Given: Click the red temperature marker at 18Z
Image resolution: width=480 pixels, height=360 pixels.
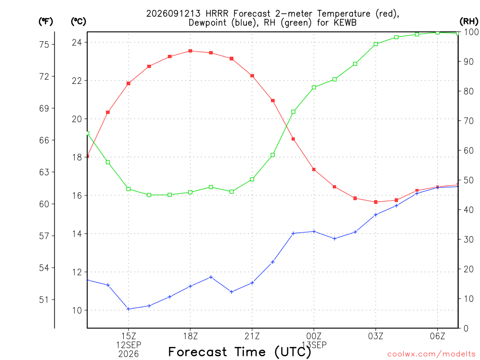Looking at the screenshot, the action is click(190, 51).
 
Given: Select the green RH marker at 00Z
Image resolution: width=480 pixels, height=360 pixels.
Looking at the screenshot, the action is click(314, 88).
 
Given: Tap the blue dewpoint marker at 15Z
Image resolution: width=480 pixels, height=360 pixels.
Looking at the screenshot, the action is click(128, 309).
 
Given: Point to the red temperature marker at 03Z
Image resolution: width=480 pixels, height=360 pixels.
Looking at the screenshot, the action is click(375, 202).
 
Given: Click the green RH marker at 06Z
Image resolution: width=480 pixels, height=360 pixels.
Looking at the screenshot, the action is click(437, 32).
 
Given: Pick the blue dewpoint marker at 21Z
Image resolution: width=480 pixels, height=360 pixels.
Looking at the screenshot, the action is click(252, 283).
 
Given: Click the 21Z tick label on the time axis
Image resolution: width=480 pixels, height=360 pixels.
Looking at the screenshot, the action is click(252, 336).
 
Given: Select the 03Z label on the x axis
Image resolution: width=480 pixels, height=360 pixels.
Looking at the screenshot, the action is click(375, 336).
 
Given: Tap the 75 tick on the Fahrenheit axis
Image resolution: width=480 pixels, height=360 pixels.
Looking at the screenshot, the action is click(44, 45).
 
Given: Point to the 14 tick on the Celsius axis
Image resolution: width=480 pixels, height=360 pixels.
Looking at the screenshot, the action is click(77, 234).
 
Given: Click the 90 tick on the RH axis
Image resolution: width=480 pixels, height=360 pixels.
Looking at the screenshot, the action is click(468, 61).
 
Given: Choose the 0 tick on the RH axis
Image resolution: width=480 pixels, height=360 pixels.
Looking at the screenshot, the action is click(466, 328).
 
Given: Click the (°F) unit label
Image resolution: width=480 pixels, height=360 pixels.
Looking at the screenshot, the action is click(45, 22).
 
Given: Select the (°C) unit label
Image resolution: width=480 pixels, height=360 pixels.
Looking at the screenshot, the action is click(78, 22).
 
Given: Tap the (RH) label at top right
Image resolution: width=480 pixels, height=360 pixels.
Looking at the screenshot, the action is click(469, 22).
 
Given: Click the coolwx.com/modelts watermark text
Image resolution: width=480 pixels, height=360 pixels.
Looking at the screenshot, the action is click(431, 354).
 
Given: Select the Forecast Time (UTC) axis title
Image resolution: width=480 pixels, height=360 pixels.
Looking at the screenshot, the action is click(240, 352).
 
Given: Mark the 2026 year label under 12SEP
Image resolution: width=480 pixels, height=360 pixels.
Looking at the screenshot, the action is click(128, 354).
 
